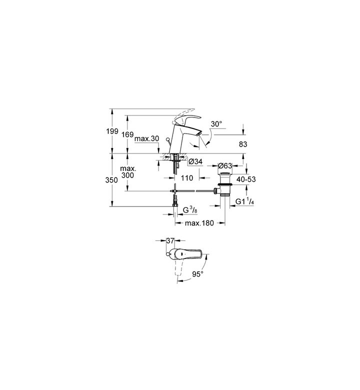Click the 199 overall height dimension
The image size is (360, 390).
112,131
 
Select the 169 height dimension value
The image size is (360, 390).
127,135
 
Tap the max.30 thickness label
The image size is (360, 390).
146,138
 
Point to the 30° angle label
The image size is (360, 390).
216,123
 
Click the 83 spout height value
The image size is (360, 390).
243,144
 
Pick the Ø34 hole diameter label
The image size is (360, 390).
195,161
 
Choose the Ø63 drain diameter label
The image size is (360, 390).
225,165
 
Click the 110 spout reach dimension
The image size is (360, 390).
187,178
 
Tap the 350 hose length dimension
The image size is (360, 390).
111,180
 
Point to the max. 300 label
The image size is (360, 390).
127,172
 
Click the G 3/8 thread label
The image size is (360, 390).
190,210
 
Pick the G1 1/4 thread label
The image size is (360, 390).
245,201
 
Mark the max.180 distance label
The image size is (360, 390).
199,223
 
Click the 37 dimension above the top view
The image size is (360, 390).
170,241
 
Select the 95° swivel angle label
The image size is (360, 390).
198,274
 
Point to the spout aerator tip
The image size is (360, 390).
198,134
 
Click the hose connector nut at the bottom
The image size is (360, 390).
174,205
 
